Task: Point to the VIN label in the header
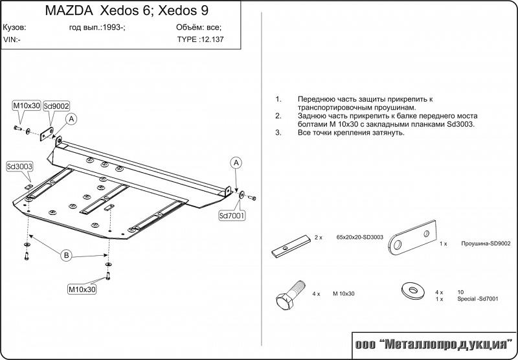pyautogui.click(x=12, y=39)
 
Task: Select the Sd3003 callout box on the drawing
pyautogui.click(x=19, y=166)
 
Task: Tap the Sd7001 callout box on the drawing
pyautogui.click(x=232, y=214)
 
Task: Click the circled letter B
pyautogui.click(x=66, y=256)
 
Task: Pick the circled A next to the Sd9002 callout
pyautogui.click(x=71, y=118)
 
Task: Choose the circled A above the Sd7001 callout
pyautogui.click(x=237, y=161)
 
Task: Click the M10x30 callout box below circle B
pyautogui.click(x=82, y=289)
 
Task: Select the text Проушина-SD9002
pyautogui.click(x=486, y=244)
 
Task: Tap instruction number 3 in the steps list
pyautogui.click(x=278, y=132)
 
